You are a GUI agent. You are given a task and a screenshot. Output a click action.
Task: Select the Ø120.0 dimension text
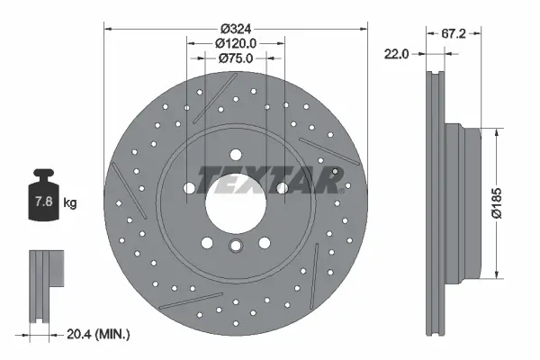tap(237, 41)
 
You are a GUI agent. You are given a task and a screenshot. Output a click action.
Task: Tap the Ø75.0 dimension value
tap(237, 58)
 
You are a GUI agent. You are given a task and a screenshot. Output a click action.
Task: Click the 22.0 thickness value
tap(397, 54)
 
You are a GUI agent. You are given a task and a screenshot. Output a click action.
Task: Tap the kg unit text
tap(70, 203)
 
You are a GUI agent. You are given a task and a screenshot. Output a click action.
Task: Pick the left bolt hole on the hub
tap(192, 188)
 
